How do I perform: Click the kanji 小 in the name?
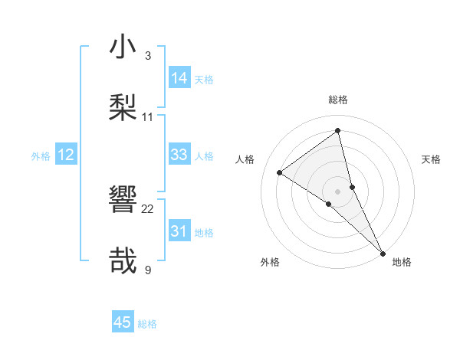point(123,47)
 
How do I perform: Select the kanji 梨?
point(123,108)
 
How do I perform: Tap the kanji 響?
point(123,200)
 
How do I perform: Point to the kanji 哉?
point(123,261)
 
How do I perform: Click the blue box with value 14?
point(179,78)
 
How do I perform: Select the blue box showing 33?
point(179,155)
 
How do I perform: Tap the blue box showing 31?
point(179,231)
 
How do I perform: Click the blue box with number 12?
point(66,155)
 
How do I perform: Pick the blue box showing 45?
point(123,322)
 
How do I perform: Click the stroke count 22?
point(147,208)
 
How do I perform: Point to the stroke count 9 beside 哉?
point(147,270)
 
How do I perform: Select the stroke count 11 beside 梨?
point(147,116)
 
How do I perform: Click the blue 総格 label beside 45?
point(147,324)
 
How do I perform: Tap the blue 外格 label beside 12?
point(41,155)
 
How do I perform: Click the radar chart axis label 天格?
point(431,159)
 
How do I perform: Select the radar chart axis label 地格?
point(402,262)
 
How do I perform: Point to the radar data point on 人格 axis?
point(280,172)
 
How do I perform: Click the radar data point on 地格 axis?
point(383,252)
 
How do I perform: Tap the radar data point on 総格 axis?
point(337,131)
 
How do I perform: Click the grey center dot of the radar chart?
point(337,191)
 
